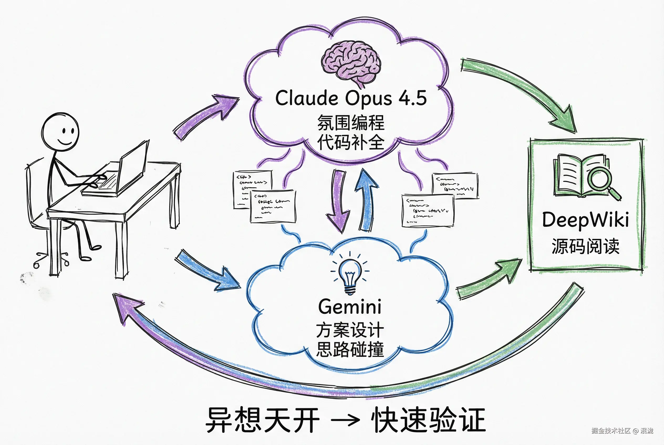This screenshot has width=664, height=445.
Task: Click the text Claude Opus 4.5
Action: (x=351, y=98)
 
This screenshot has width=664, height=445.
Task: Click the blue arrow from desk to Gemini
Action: (x=207, y=271)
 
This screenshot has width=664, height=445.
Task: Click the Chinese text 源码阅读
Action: (x=585, y=246)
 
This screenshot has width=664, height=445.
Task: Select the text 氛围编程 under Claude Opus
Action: (x=351, y=123)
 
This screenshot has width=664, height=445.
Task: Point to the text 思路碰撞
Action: (x=350, y=349)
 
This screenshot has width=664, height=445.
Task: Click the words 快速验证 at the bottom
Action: (x=428, y=420)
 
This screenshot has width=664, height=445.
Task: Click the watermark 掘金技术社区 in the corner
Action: (x=611, y=431)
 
